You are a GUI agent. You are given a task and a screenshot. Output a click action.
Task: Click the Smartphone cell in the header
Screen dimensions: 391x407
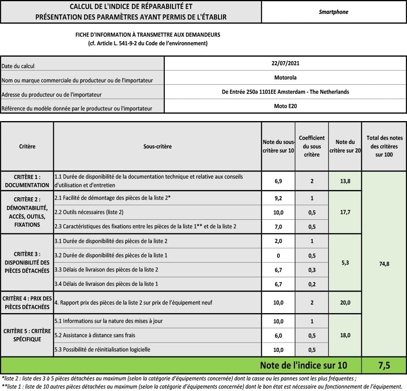[333, 12]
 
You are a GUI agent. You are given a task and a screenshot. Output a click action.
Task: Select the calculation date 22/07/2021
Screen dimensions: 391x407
[285, 63]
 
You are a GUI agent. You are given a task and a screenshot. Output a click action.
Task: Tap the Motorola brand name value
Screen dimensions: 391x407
[285, 77]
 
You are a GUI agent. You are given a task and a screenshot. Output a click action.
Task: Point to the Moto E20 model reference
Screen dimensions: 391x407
[285, 106]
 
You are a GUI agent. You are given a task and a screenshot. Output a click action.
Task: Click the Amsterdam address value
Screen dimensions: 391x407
[285, 92]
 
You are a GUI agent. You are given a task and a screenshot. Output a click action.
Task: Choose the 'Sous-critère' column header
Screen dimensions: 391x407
[158, 146]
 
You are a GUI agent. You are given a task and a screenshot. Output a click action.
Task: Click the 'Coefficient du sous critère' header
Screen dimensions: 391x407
[312, 146]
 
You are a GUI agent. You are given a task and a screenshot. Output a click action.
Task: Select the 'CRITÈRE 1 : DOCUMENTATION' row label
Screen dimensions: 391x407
[27, 181]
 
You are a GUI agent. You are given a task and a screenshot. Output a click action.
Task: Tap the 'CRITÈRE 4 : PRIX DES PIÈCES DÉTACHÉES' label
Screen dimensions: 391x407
[27, 303]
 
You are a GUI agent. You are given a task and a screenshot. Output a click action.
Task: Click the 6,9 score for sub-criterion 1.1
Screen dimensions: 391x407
[278, 181]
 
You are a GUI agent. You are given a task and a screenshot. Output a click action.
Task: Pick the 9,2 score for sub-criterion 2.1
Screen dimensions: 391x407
[278, 198]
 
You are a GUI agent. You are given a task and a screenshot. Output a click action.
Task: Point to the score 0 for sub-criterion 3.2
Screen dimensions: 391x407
[278, 255]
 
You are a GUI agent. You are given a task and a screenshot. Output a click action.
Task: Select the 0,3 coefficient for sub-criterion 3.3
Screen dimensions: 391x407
[312, 270]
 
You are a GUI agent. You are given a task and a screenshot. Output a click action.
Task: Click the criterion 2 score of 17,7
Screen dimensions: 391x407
[345, 212]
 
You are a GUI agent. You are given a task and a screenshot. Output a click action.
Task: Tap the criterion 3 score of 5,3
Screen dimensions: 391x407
[345, 263]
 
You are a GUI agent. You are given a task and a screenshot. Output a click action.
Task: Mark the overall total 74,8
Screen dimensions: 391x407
[384, 264]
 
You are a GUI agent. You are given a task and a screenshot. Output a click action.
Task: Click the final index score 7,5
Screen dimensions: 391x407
[384, 365]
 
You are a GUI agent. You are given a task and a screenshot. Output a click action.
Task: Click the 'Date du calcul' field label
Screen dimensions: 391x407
[18, 66]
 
